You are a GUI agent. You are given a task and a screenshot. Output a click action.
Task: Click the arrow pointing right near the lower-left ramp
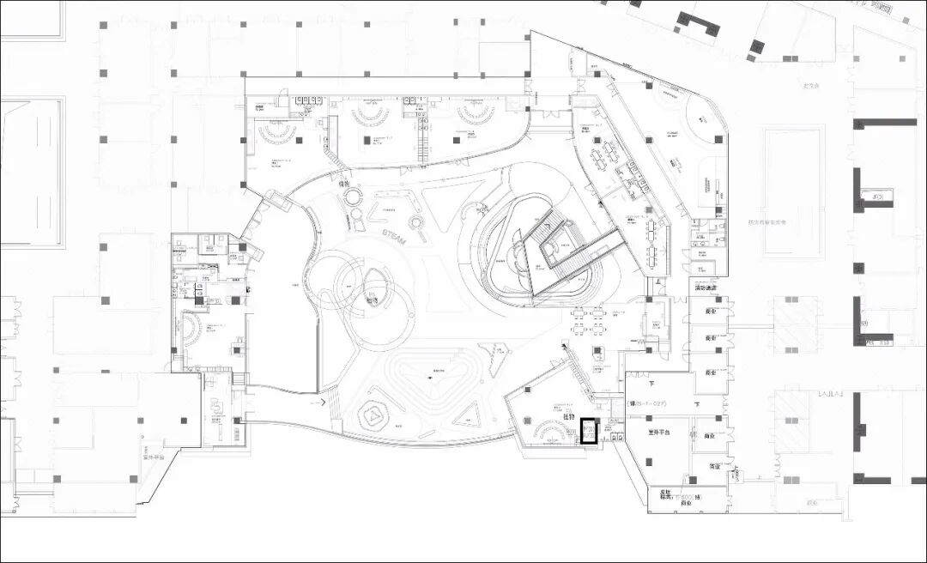(x=323, y=401)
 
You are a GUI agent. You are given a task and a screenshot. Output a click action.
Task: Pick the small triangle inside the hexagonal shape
(x=376, y=415)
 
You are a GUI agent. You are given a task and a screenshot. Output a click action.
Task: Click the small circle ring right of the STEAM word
(x=417, y=223)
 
